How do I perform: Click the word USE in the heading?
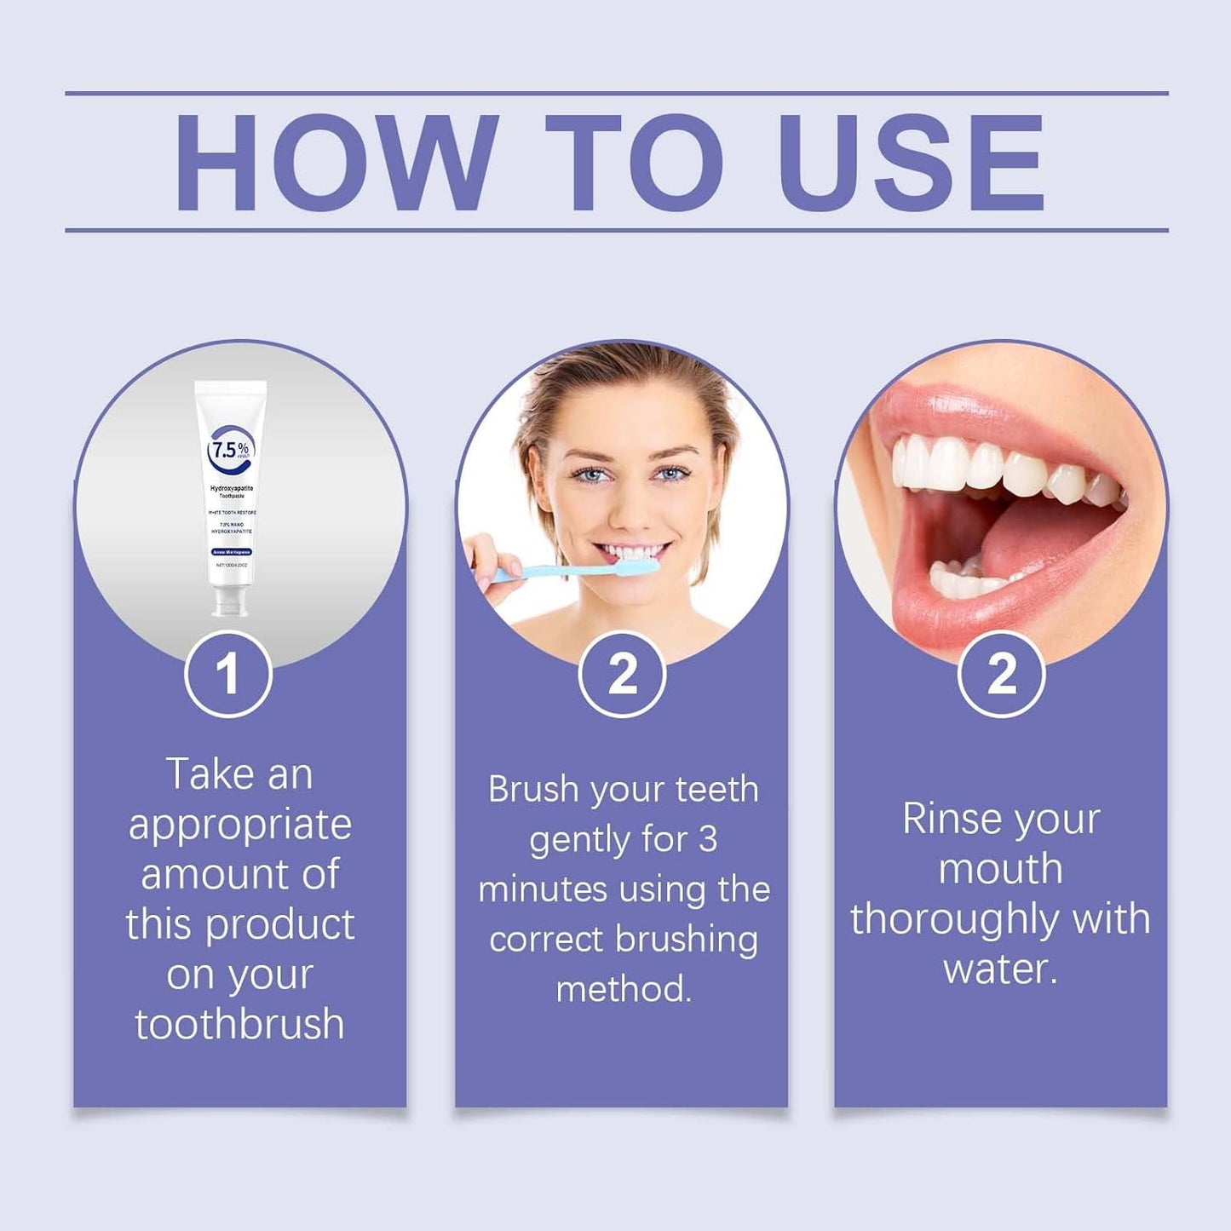coord(912,162)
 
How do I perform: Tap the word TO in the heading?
coord(635,162)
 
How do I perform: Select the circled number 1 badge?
coord(227,674)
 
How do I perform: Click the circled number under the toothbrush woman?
coord(622,674)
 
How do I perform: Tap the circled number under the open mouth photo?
coord(1001,674)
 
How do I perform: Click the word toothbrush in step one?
coord(239,1024)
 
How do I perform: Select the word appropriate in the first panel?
coord(239,825)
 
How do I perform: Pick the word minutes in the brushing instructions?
coord(543,889)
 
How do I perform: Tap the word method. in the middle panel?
coord(623,989)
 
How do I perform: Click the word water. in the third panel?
coord(1000,969)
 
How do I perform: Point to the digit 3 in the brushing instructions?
coord(707,840)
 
